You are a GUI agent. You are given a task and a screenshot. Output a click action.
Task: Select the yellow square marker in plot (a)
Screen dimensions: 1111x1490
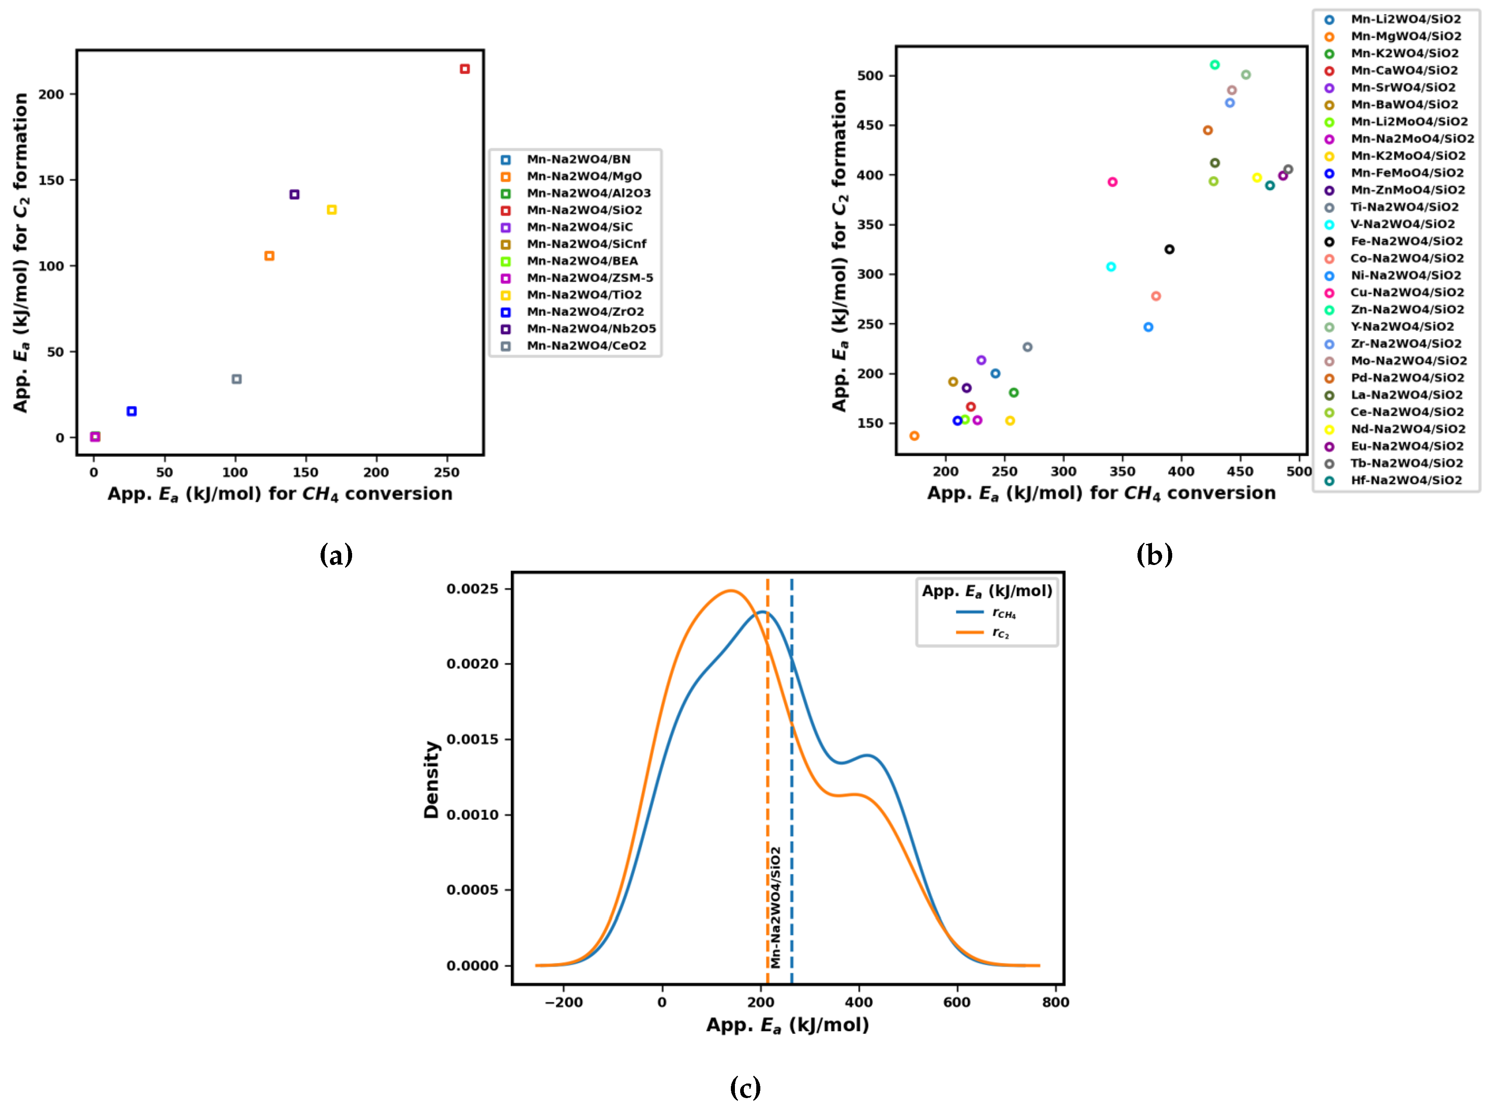(x=332, y=210)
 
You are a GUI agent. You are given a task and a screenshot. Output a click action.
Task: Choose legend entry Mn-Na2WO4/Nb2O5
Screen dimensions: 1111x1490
(x=590, y=329)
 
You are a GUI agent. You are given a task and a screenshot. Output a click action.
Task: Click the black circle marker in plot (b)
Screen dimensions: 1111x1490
(x=1169, y=250)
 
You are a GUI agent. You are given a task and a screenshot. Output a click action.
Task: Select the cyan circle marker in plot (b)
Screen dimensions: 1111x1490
(x=1111, y=267)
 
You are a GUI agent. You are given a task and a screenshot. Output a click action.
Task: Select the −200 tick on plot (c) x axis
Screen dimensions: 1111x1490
(x=563, y=1002)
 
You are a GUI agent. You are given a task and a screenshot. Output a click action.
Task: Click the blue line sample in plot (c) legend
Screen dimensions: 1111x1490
(x=970, y=612)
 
